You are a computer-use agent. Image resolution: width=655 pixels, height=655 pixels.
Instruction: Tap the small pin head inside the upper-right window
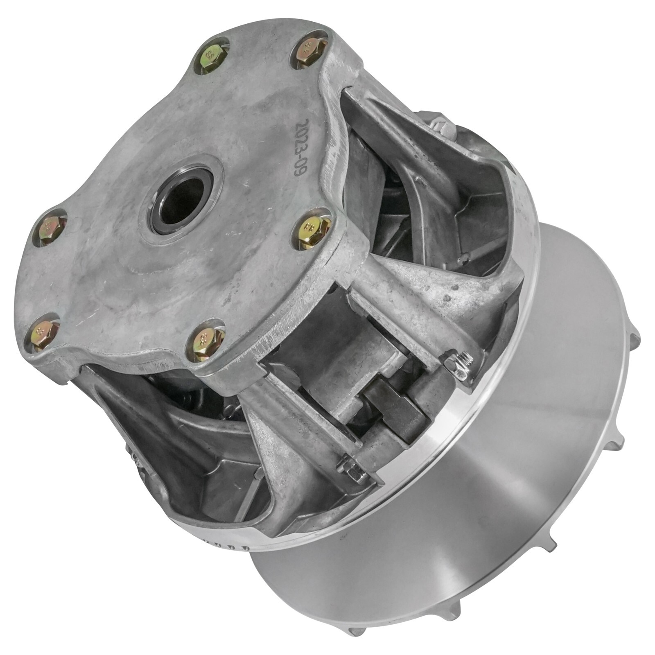point(463,259)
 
